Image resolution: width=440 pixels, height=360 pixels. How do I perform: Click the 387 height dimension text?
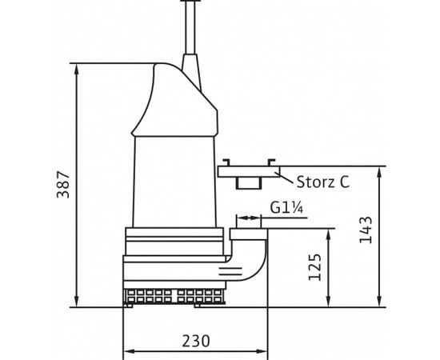62,186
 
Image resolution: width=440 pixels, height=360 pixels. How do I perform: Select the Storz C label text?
322,182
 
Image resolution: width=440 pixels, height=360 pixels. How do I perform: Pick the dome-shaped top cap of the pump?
176,100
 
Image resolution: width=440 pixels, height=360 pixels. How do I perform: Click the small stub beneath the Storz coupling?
248,183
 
